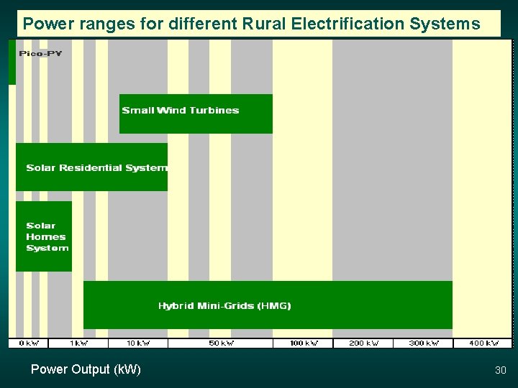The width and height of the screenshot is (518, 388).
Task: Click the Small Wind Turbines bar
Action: coord(196,114)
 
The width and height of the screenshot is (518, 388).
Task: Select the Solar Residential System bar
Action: coord(91,167)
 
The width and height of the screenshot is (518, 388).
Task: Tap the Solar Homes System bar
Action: coord(44,236)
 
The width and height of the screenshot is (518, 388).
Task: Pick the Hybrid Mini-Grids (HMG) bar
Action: coord(268,305)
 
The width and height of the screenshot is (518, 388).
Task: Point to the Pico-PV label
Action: coord(40,55)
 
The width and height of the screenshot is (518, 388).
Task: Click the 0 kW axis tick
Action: coord(29,343)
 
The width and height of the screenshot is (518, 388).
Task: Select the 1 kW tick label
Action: coord(78,343)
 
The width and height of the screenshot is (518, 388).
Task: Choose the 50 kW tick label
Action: coord(221,343)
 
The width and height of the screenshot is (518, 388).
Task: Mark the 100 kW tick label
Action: coord(303,343)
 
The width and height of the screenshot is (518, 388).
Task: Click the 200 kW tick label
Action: coord(363,343)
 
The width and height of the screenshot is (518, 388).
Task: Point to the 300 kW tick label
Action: coord(424,343)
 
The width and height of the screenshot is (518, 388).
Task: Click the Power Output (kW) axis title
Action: coord(86,369)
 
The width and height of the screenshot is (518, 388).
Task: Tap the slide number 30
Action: coord(501,370)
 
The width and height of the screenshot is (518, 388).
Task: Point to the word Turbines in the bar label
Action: coord(214,110)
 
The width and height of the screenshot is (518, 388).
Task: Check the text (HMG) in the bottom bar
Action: coord(274,305)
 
